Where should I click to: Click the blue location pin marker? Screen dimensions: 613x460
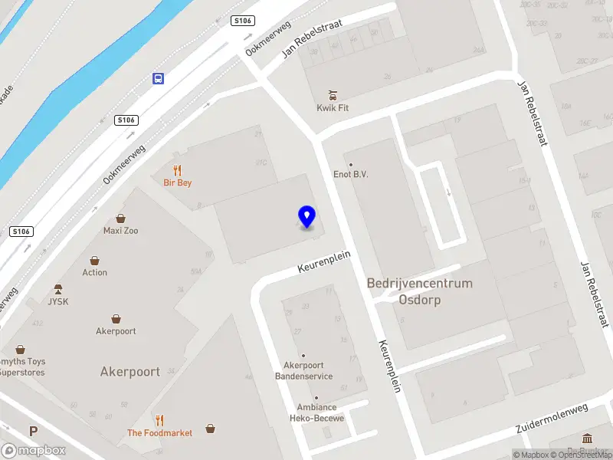point(306,216)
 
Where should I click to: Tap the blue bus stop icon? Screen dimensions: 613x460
point(158,78)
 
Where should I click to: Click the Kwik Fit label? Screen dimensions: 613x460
point(333,108)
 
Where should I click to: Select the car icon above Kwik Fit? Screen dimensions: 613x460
point(333,95)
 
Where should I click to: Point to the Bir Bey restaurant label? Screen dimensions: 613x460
point(178,182)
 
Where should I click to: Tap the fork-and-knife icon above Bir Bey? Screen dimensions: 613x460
point(178,170)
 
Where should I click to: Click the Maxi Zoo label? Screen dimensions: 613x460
point(121,230)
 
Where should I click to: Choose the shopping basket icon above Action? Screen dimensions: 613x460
point(95,261)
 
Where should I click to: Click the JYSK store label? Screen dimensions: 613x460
point(58,301)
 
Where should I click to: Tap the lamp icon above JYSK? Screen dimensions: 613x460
point(58,289)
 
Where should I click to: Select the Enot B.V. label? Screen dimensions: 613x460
point(351,174)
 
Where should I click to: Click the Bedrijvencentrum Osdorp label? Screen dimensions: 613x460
point(420,291)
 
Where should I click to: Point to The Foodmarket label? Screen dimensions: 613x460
point(159,432)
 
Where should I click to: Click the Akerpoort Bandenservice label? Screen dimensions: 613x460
point(304,370)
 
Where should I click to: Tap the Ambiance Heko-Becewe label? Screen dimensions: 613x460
point(316,412)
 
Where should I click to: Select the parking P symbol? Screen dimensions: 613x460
point(33,432)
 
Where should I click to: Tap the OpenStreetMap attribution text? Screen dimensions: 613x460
point(579,455)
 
